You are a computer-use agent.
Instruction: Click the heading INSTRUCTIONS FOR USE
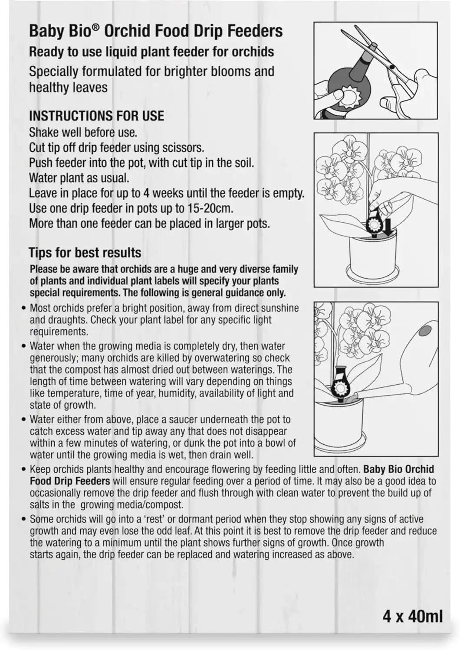pos(96,116)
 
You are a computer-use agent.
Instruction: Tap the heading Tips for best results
pos(85,253)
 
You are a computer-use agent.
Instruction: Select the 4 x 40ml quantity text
pos(413,616)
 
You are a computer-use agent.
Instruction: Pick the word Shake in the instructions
pos(43,133)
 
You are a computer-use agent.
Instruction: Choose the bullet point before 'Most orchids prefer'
pos(24,308)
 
